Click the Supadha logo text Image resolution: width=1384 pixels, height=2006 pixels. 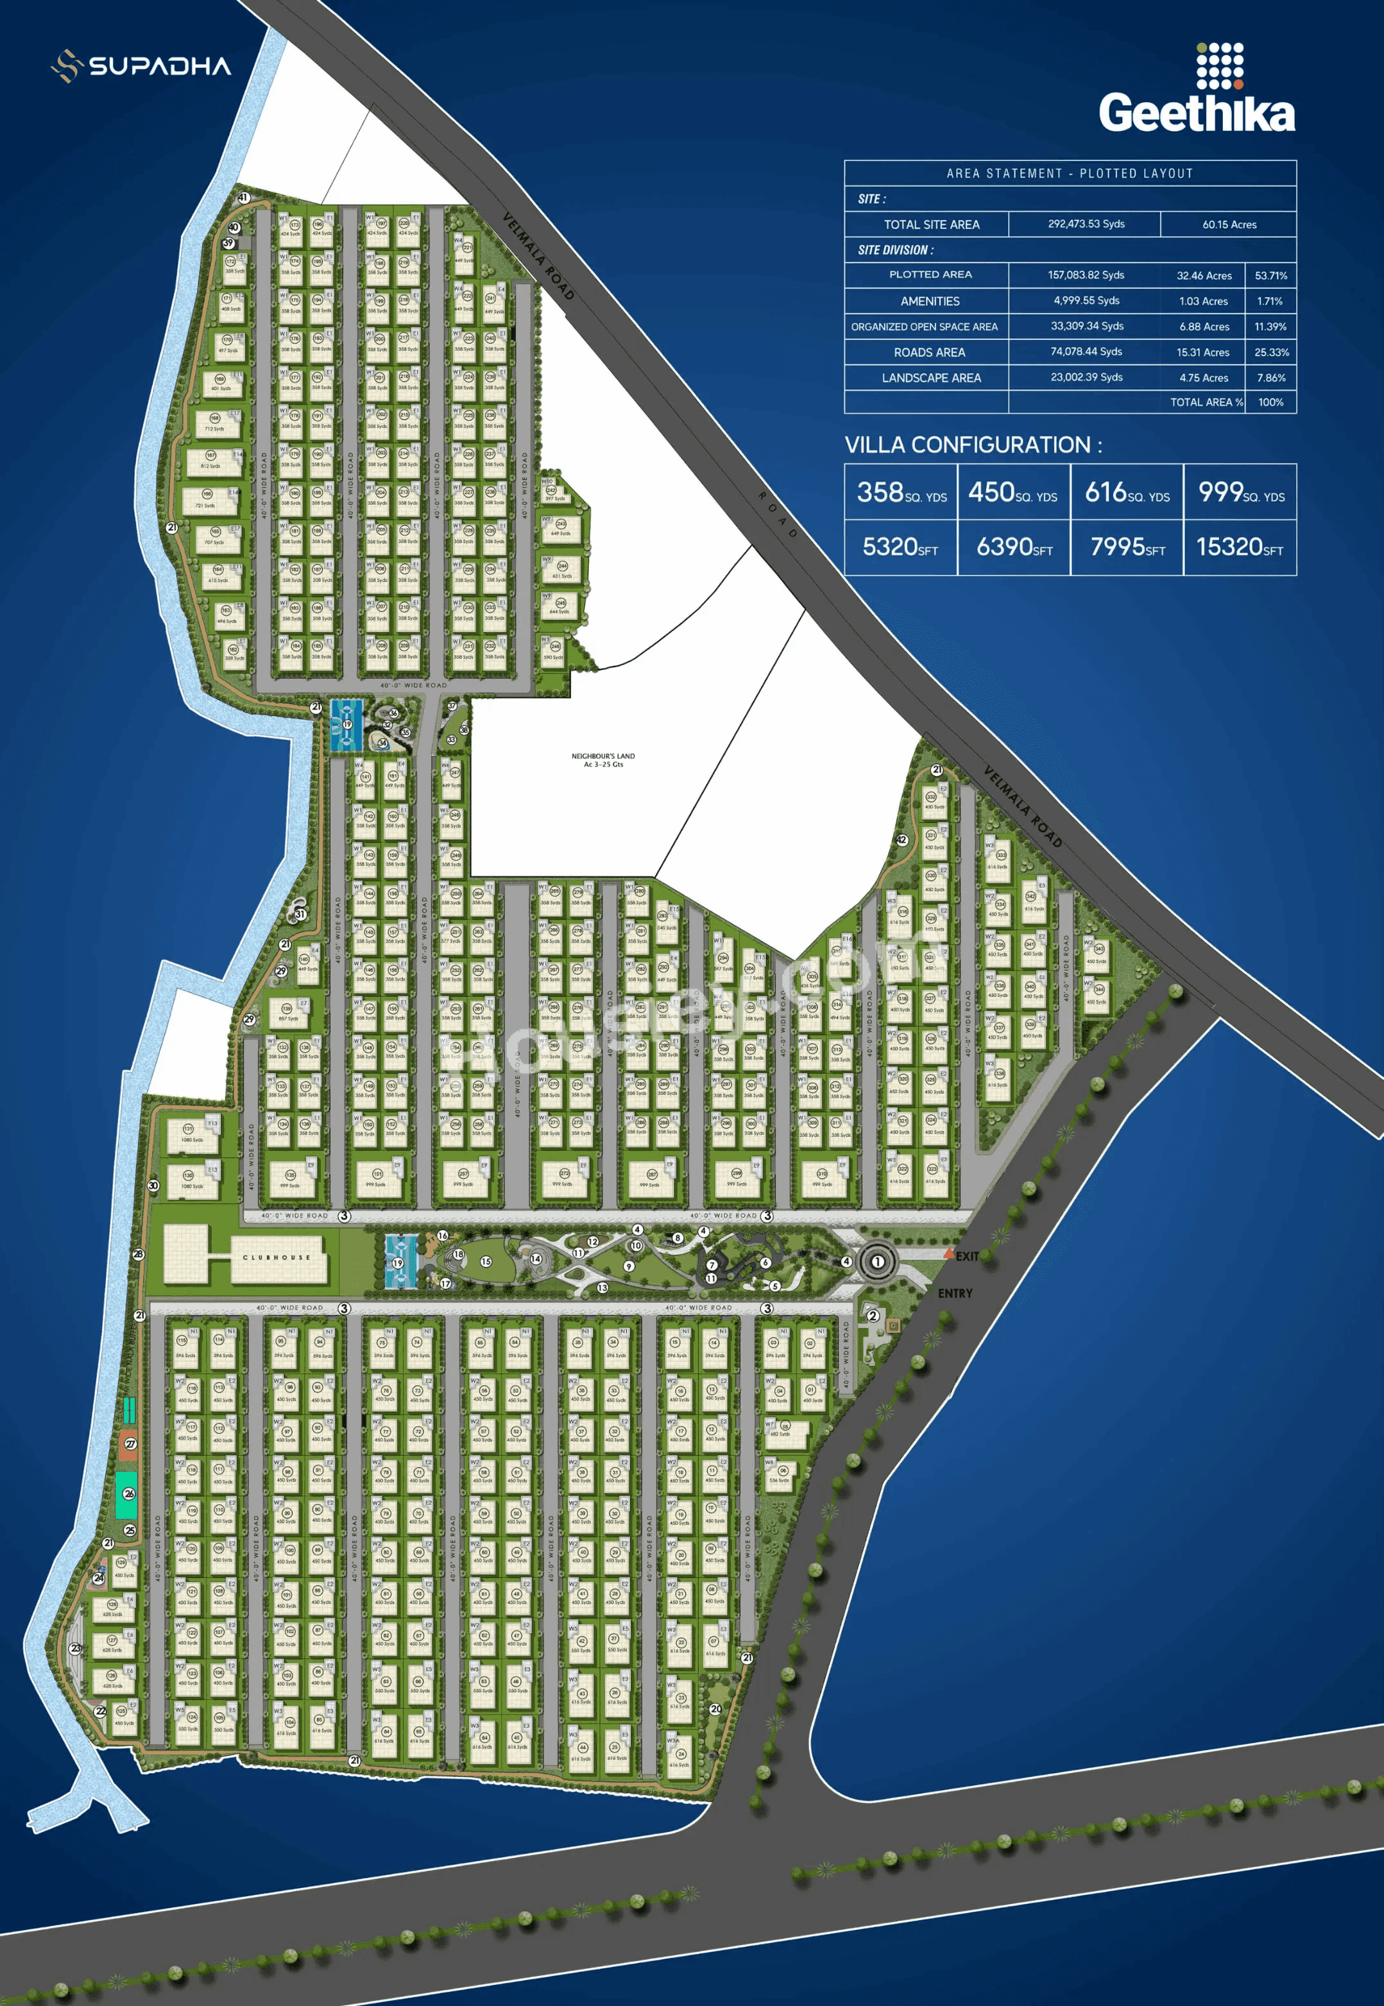coord(160,67)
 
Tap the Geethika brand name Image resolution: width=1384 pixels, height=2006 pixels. coord(1197,114)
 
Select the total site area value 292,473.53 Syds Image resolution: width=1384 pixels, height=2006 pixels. coord(1086,224)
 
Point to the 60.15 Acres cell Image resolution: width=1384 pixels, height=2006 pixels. coord(1229,225)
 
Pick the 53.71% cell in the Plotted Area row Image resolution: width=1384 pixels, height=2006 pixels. coord(1270,276)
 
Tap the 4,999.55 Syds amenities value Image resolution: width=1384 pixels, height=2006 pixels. coord(1086,301)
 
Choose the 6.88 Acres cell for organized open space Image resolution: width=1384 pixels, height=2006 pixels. coord(1204,327)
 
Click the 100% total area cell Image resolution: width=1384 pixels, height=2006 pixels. coord(1270,402)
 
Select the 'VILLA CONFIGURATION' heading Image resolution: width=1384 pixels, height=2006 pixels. coord(973,446)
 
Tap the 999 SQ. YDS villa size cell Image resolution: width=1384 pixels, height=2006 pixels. coord(1240,493)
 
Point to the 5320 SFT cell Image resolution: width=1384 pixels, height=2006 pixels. coord(900,547)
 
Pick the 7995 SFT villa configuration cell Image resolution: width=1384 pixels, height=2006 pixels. coord(1127,547)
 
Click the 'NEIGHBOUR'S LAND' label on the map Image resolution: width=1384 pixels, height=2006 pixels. coord(602,760)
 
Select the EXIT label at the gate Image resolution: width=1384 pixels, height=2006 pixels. coord(967,1256)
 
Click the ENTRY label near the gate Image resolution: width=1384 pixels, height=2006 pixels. coord(955,1293)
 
